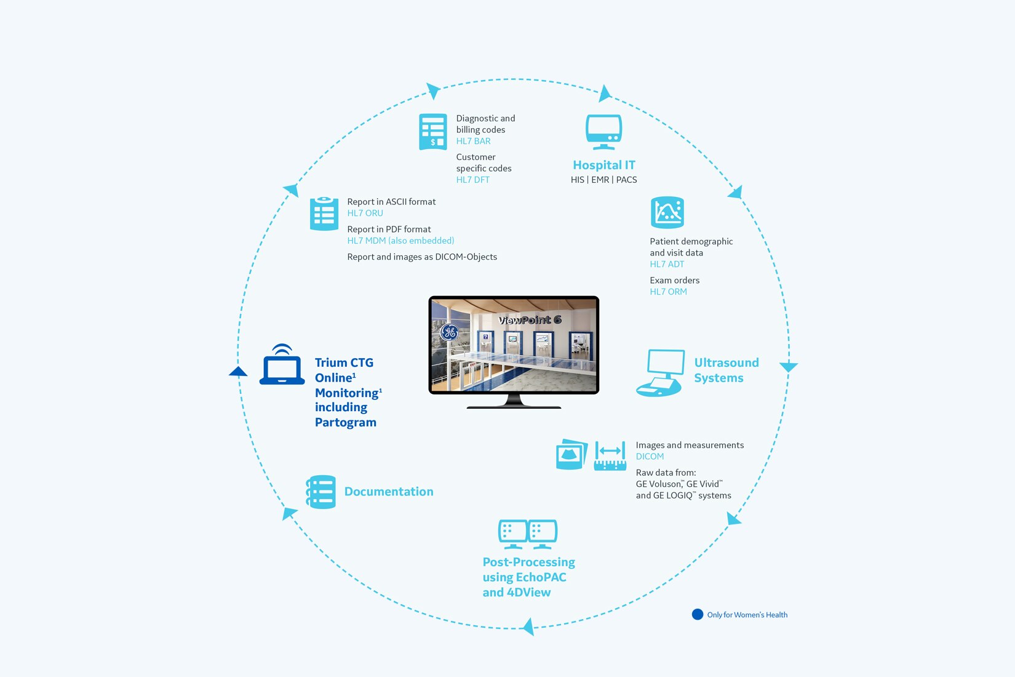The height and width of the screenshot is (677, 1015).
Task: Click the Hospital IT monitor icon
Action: point(603,131)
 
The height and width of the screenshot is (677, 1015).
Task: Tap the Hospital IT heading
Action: point(603,165)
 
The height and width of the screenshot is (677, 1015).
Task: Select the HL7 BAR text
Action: point(473,141)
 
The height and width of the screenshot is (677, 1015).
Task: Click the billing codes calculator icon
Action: point(432,132)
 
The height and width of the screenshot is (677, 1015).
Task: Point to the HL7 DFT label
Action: point(472,180)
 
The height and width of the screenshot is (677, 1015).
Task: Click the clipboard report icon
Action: point(324,214)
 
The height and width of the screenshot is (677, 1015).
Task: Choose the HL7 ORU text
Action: point(365,213)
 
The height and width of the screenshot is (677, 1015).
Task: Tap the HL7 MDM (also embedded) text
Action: point(400,241)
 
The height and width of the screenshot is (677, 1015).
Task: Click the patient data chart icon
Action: point(667,212)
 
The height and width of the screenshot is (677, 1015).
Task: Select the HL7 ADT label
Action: point(667,264)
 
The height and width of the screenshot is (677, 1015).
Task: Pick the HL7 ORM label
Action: point(668,292)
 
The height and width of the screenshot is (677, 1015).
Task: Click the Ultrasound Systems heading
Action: point(726,370)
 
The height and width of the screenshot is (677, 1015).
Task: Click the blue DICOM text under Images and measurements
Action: point(650,457)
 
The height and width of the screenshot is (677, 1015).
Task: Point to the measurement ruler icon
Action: point(610,456)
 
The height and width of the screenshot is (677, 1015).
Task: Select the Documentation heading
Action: point(389,492)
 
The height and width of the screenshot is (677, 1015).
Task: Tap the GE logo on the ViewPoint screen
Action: point(450,332)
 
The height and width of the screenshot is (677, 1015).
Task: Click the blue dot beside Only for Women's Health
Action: point(697,614)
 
